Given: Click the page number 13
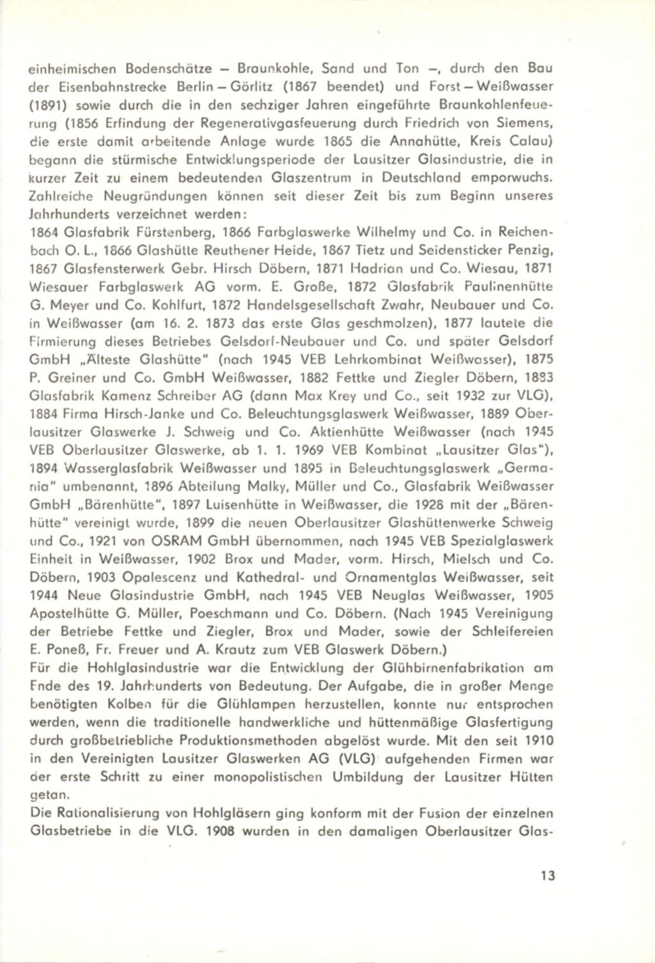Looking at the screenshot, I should point(547,875).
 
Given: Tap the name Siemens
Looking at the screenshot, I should point(529,123).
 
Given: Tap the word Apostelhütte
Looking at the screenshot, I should point(70,613).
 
